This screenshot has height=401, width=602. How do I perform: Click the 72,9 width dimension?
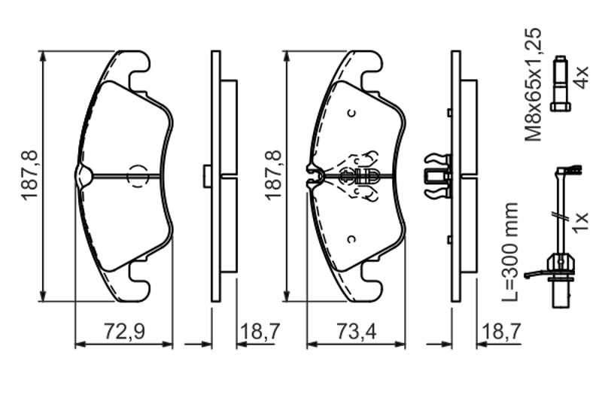(124, 331)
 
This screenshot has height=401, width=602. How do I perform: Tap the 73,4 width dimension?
(356, 331)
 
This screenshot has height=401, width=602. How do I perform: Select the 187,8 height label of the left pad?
(29, 175)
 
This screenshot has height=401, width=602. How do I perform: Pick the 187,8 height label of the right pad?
(273, 175)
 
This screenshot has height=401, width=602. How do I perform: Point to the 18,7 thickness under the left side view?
(260, 331)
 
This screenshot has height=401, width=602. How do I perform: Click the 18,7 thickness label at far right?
(501, 331)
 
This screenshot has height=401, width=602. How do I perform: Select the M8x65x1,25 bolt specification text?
(534, 84)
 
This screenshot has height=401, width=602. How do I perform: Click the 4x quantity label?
(580, 77)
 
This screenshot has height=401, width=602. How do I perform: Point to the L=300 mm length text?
(510, 252)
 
